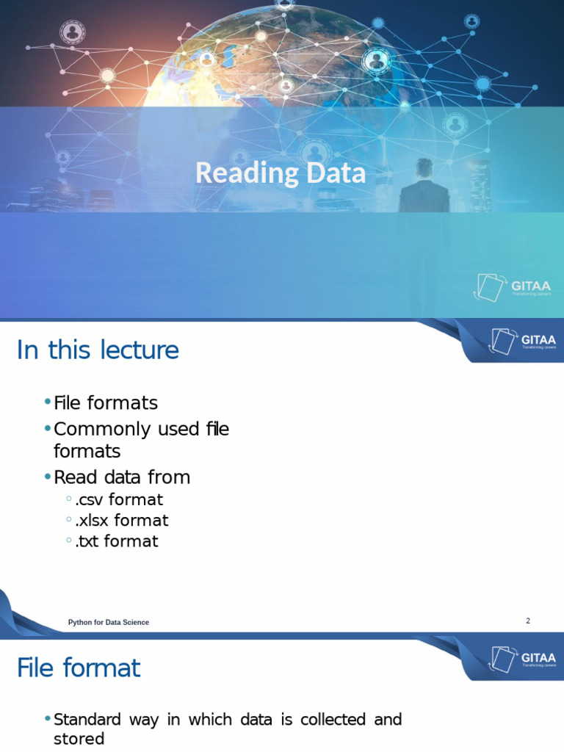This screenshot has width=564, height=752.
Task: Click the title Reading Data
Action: pos(281,174)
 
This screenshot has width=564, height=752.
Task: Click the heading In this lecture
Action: pos(98,350)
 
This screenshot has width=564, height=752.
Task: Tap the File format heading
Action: pos(79,668)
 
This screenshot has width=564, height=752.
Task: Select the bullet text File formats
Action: pos(106,403)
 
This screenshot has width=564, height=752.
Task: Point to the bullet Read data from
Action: pos(122,477)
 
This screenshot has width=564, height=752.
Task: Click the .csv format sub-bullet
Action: pos(118,499)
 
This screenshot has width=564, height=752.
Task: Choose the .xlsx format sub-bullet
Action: pos(121,521)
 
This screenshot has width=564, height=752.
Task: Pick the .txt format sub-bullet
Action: pos(116,542)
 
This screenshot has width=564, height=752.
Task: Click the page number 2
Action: pos(527,621)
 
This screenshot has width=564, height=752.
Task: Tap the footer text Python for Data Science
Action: pos(109,623)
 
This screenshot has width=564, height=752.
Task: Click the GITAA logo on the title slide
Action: pos(513,287)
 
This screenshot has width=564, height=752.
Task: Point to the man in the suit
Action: pos(424,188)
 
